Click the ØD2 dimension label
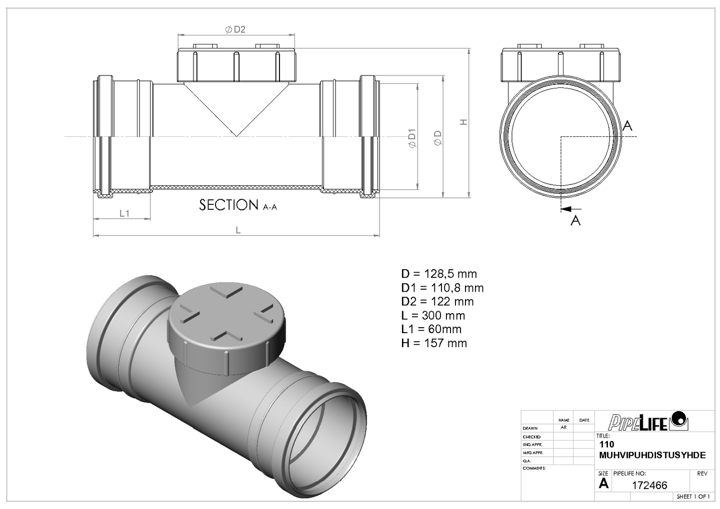click(x=235, y=29)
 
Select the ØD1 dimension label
click(x=412, y=138)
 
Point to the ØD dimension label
click(x=438, y=138)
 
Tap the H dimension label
click(x=463, y=122)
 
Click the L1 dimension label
click(x=124, y=213)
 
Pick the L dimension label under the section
click(x=238, y=230)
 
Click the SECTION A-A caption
click(x=237, y=205)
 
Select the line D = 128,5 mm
click(x=438, y=274)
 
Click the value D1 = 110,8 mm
click(x=442, y=288)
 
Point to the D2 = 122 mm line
click(x=437, y=301)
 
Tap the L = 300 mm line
click(x=433, y=315)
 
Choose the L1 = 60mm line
click(x=431, y=329)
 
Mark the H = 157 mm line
click(x=433, y=343)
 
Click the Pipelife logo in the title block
click(x=648, y=421)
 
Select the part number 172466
click(x=649, y=485)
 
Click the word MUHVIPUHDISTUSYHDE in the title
click(x=652, y=455)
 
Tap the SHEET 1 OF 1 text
click(x=693, y=497)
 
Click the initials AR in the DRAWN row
click(x=563, y=428)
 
